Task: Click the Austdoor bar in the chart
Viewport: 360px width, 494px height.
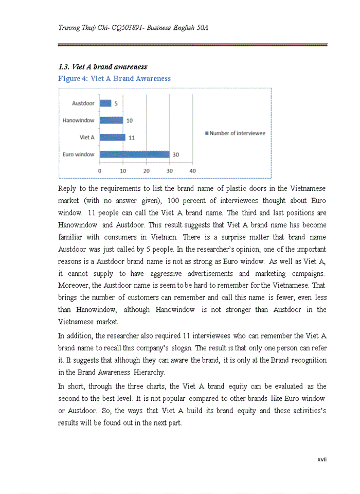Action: point(105,103)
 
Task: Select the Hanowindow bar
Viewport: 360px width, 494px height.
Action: point(111,120)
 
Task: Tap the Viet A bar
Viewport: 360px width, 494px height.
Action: point(112,137)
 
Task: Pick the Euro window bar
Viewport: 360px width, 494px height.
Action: point(134,154)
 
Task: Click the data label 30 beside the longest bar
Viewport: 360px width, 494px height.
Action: point(176,154)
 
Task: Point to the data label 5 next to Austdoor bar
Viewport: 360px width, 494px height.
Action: point(116,103)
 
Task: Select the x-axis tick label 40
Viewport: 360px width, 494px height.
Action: point(192,171)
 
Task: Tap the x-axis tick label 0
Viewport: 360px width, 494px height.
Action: point(99,171)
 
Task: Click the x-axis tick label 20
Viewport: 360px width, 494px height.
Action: point(146,171)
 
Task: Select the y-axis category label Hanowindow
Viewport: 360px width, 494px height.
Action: point(78,120)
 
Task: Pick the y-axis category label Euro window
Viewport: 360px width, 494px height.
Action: point(78,154)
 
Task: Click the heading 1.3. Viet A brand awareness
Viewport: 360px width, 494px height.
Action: point(102,67)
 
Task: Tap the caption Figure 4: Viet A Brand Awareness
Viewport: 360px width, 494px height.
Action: point(114,79)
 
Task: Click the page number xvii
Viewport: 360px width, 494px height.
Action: point(322,459)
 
